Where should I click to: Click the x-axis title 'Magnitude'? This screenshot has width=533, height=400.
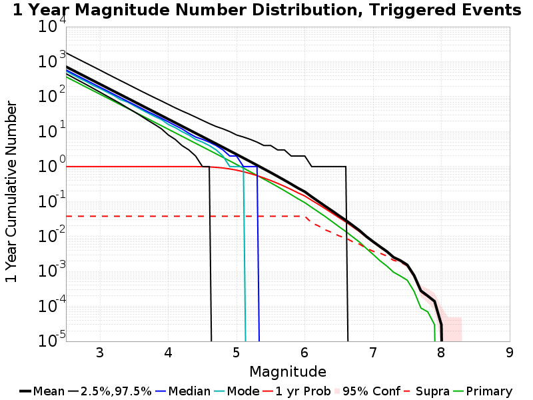(288, 371)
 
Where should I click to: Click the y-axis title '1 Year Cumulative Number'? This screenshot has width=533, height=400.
(11, 192)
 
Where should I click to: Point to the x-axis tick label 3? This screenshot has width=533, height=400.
(100, 352)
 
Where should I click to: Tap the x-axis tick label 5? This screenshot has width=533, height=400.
(237, 352)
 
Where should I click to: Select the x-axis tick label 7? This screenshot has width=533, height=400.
(373, 352)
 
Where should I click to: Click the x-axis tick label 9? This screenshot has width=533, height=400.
(510, 352)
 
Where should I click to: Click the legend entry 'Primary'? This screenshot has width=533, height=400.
(488, 391)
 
